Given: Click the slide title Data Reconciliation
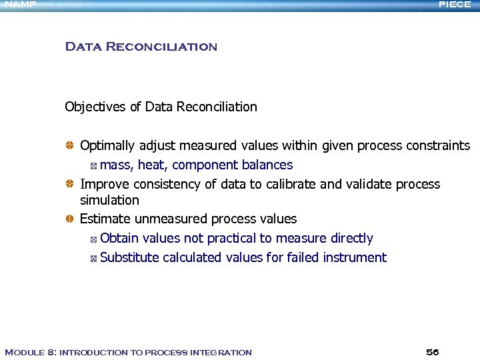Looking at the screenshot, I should (141, 47).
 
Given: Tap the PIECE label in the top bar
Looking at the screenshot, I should (455, 5).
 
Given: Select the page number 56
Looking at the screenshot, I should (432, 352).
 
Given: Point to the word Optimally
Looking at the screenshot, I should (107, 145).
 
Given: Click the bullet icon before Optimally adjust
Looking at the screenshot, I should (69, 145).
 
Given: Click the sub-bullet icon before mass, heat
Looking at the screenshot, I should (94, 165).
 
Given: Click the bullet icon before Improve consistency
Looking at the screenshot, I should (69, 184).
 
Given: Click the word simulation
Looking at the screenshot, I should (109, 200).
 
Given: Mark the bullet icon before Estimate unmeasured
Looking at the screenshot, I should (69, 219).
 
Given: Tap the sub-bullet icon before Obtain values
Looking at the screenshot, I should (94, 239).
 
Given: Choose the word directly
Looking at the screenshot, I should (351, 238).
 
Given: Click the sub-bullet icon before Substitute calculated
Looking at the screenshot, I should (94, 258).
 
